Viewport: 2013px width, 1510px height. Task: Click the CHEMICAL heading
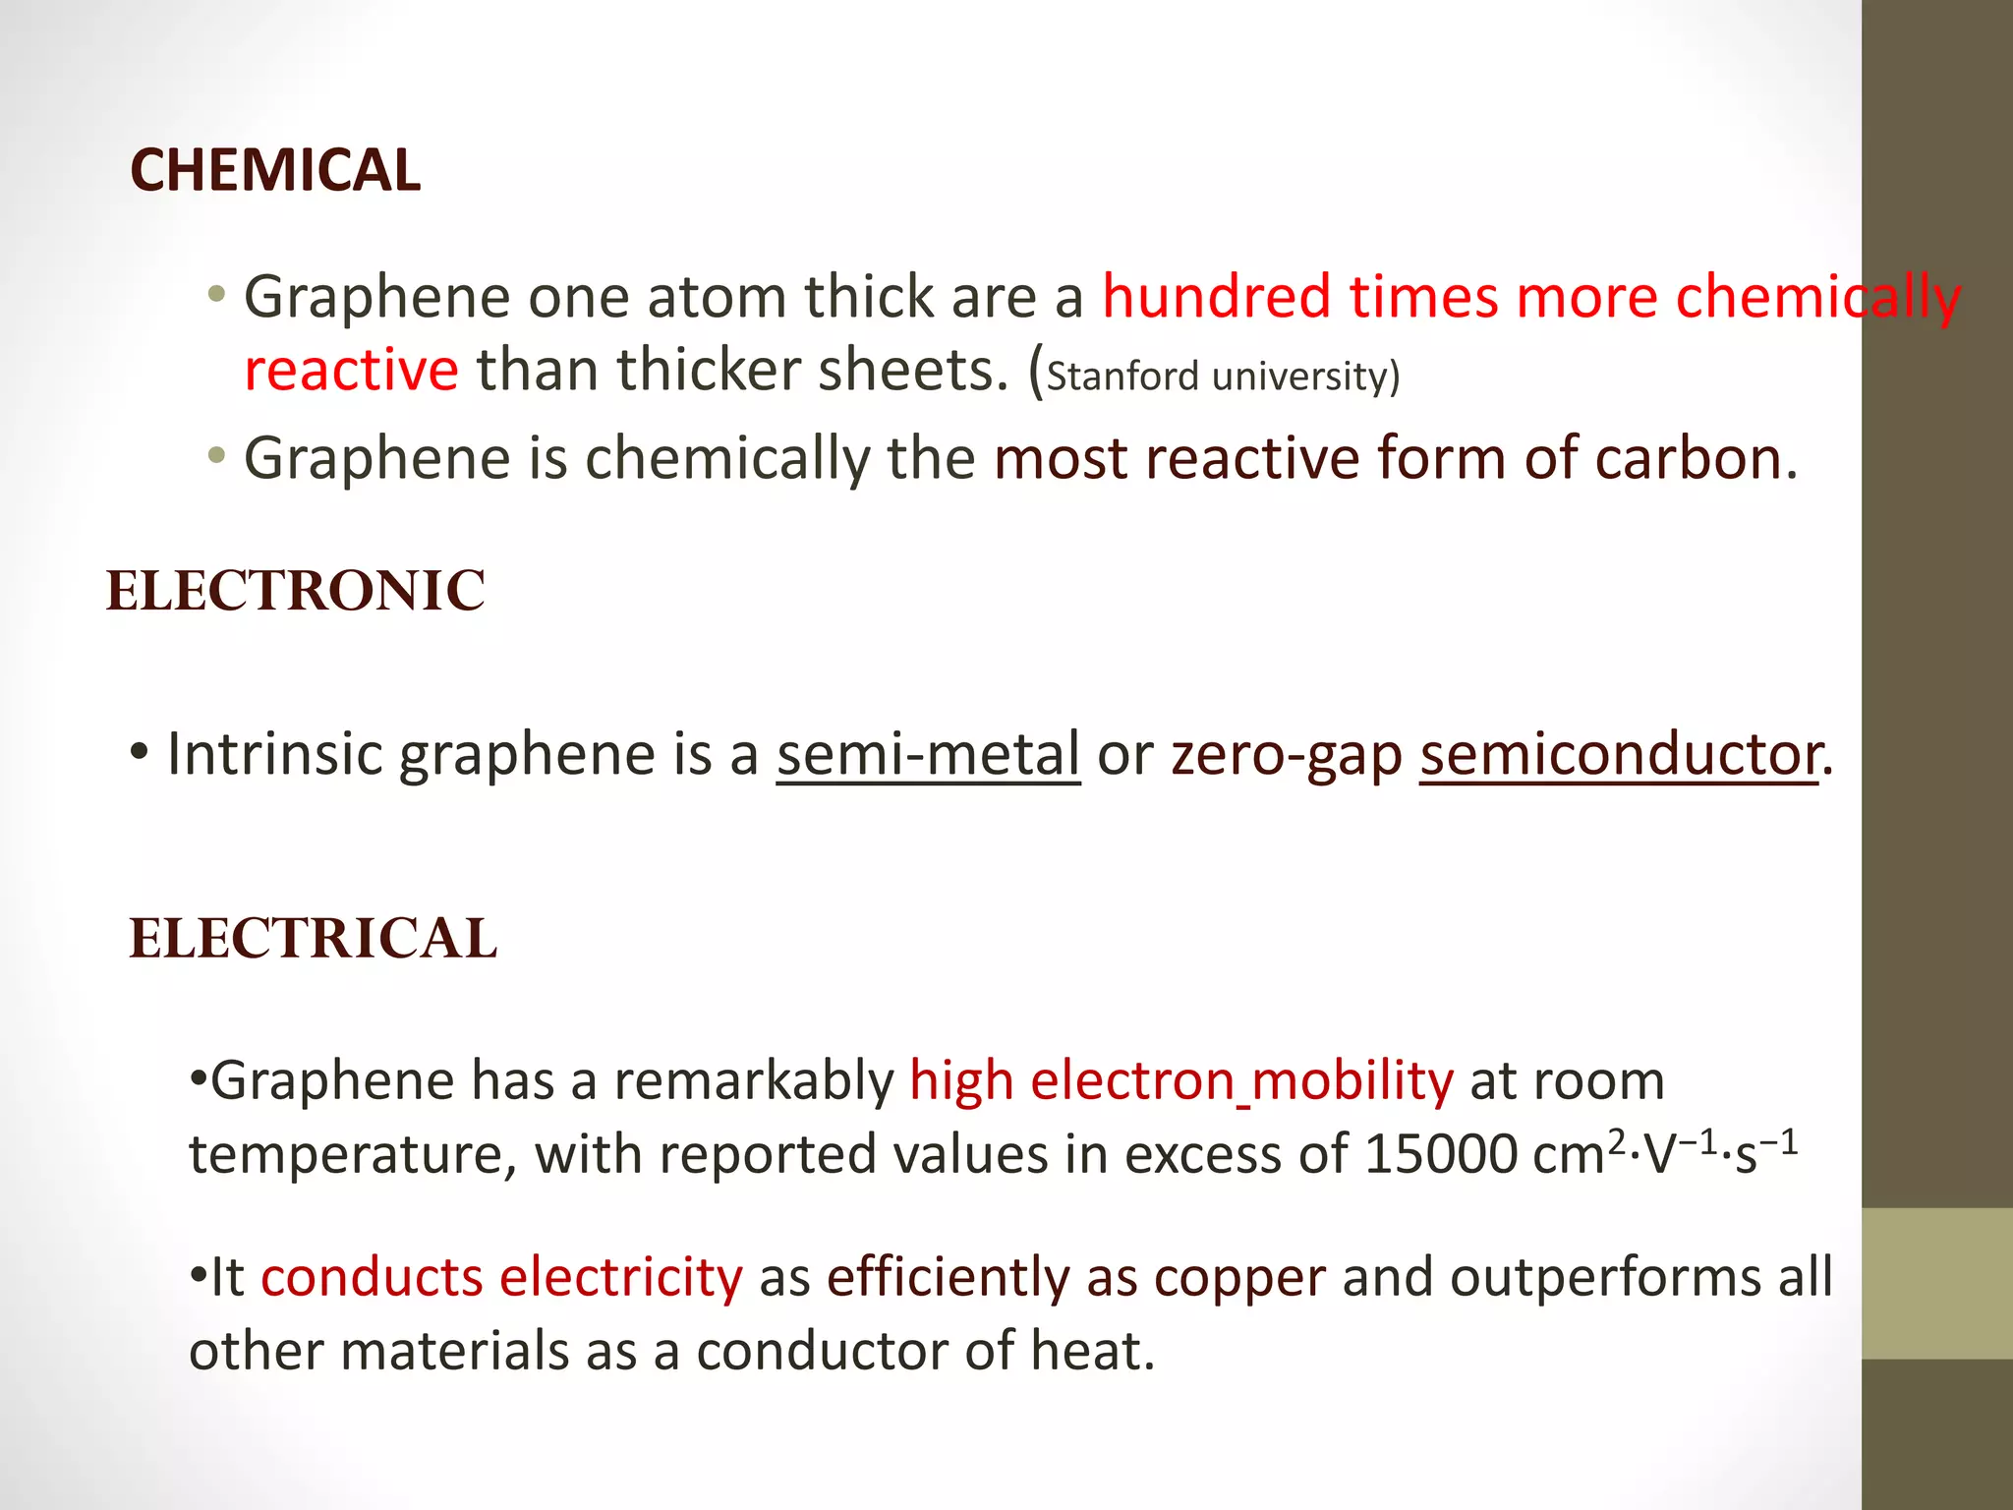275,170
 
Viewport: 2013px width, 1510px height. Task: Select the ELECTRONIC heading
296,591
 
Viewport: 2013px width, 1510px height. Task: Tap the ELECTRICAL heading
314,938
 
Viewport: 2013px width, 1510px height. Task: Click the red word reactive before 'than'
351,371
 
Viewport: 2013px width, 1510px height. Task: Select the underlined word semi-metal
928,755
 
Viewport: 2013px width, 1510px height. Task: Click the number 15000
1441,1154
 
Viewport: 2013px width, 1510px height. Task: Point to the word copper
1239,1277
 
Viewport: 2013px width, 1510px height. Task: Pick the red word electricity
620,1277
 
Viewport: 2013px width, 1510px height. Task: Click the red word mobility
1352,1080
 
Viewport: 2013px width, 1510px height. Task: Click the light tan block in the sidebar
1937,1283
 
